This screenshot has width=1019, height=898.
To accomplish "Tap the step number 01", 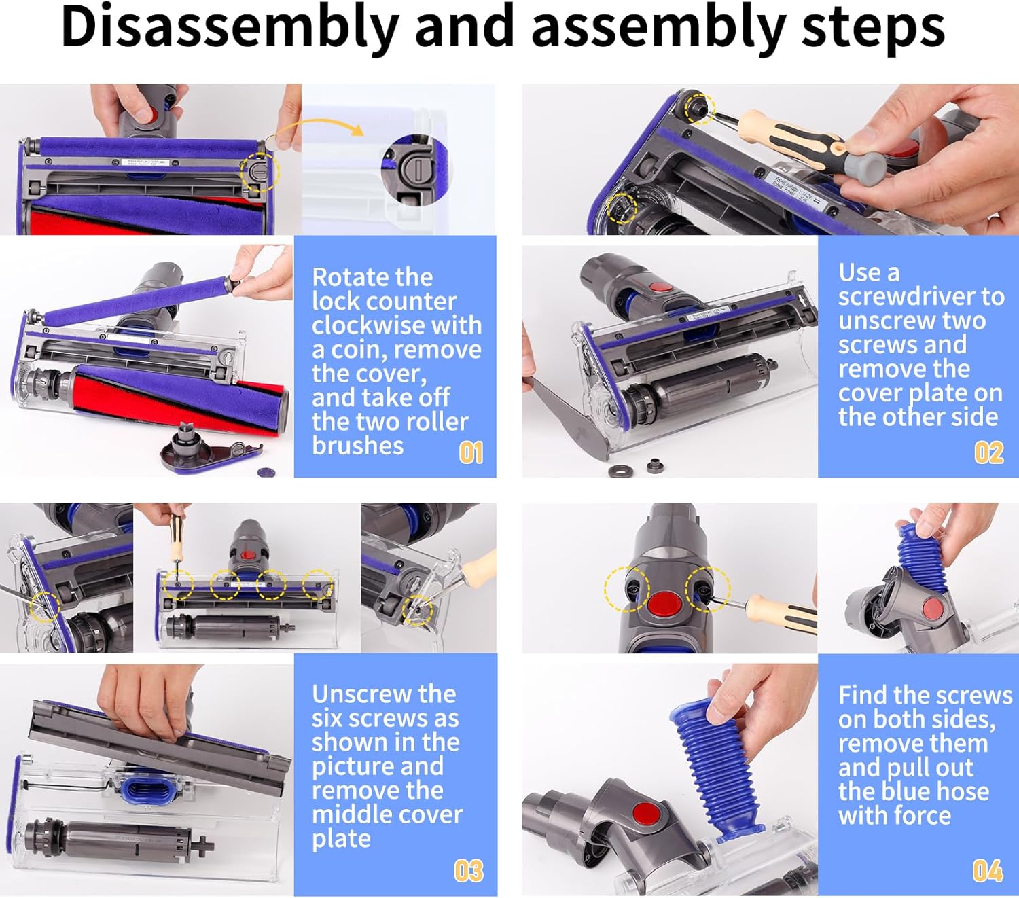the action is click(471, 453).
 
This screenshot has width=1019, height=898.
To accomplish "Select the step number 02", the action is click(989, 453).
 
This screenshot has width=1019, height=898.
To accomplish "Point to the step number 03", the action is click(469, 871).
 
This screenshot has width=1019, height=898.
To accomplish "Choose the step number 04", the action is click(988, 871).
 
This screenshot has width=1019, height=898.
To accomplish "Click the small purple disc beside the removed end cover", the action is click(266, 472).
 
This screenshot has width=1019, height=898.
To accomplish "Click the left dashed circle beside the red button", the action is click(627, 589).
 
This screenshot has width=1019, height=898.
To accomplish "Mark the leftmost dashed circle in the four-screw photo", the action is click(178, 585).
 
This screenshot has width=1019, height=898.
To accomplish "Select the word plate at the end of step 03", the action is click(342, 839).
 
